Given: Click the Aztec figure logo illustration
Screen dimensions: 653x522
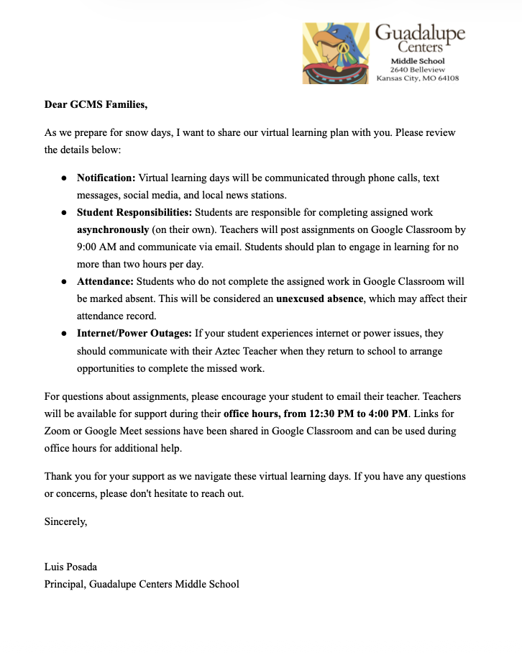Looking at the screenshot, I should [336, 53].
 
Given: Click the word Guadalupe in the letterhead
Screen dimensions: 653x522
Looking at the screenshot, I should [421, 33].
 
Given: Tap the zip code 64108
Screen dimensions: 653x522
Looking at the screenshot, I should [447, 78].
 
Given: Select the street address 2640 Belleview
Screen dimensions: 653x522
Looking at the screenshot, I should [417, 70].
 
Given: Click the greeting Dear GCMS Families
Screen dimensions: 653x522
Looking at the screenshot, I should [96, 105].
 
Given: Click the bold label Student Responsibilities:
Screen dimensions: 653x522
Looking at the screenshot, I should [134, 213].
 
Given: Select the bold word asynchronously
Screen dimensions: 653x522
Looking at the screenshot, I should [113, 229].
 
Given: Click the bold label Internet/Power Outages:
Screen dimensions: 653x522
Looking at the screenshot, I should [134, 333].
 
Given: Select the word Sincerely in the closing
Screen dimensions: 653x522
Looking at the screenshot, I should [65, 522].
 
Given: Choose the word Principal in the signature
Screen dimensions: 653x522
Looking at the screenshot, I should [64, 583].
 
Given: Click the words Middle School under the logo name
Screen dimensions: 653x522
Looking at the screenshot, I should [417, 61].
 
